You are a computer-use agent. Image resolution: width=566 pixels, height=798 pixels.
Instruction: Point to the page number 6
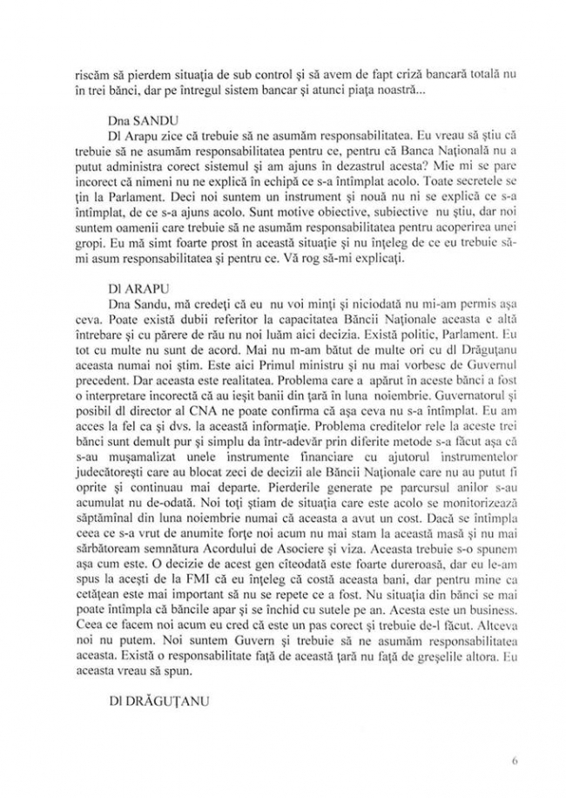click(515, 760)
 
